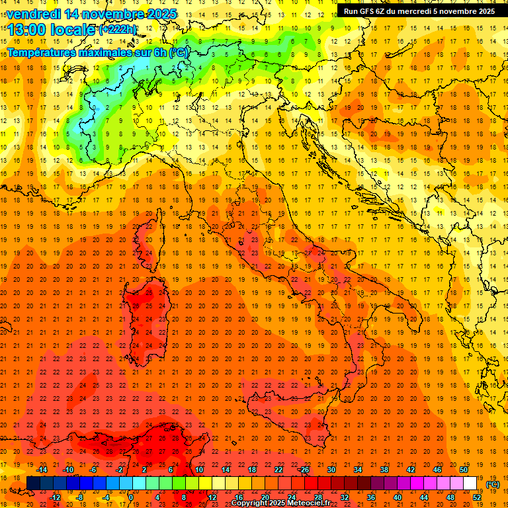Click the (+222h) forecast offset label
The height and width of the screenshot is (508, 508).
pyautogui.click(x=118, y=30)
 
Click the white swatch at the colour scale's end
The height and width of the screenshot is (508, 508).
pyautogui.click(x=470, y=484)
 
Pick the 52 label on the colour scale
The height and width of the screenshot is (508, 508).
pyautogui.click(x=476, y=497)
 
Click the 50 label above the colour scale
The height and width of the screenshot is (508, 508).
pyautogui.click(x=464, y=470)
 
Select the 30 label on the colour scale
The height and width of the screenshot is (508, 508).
pyautogui.click(x=331, y=470)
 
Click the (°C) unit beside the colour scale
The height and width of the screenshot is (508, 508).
pyautogui.click(x=493, y=484)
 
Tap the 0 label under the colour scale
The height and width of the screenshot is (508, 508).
pyautogui.click(x=132, y=497)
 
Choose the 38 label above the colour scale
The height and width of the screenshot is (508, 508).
pyautogui.click(x=384, y=470)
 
